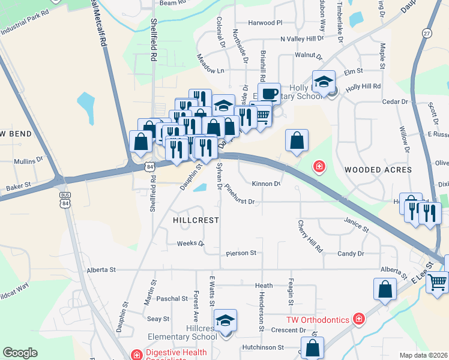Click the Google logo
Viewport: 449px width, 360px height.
pyautogui.click(x=20, y=353)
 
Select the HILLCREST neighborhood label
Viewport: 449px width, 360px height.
pyautogui.click(x=195, y=220)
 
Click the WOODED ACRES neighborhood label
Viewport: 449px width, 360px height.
pyautogui.click(x=378, y=170)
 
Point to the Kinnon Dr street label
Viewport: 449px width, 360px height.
pyautogui.click(x=267, y=184)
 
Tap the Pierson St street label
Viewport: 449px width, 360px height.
pyautogui.click(x=241, y=253)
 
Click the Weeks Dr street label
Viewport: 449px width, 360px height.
pyautogui.click(x=191, y=244)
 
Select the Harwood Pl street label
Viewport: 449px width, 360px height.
pyautogui.click(x=265, y=23)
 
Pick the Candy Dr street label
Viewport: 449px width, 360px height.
pyautogui.click(x=351, y=254)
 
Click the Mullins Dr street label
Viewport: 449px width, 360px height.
pyautogui.click(x=29, y=161)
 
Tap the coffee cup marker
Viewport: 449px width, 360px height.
pyautogui.click(x=270, y=94)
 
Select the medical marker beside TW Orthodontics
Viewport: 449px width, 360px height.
pyautogui.click(x=359, y=319)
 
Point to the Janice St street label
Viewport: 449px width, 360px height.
pyautogui.click(x=356, y=225)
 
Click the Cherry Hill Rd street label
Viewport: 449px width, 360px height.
pyautogui.click(x=311, y=236)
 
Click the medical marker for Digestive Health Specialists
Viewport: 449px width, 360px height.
pyautogui.click(x=137, y=355)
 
